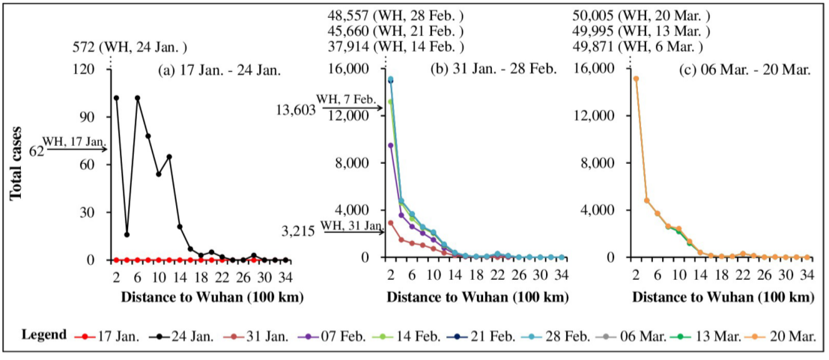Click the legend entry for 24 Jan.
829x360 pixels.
[180, 335]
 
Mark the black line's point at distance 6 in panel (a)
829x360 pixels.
[138, 97]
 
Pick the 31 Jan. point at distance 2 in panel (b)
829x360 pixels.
[390, 223]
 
